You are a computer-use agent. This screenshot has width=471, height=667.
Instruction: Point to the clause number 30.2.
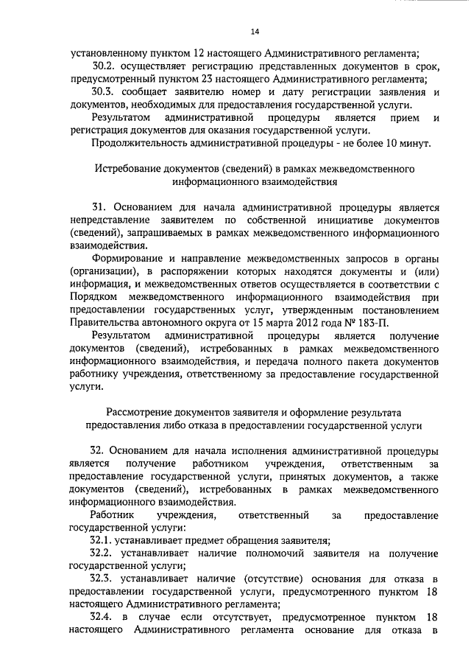point(102,66)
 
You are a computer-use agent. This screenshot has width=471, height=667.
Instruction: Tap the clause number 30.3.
point(102,92)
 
